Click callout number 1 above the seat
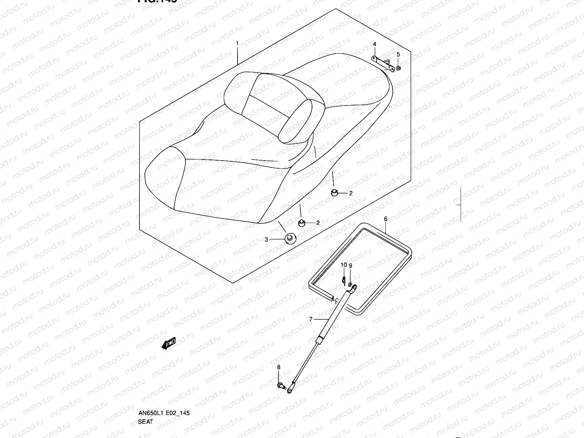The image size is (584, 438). pyautogui.click(x=237, y=43)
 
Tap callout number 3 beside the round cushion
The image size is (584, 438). pyautogui.click(x=266, y=239)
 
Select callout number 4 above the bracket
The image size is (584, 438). pyautogui.click(x=374, y=45)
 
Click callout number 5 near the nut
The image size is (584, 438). pyautogui.click(x=398, y=55)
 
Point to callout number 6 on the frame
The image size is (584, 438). pyautogui.click(x=385, y=219)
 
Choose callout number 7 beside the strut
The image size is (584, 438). pyautogui.click(x=311, y=319)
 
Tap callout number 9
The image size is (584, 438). pyautogui.click(x=350, y=266)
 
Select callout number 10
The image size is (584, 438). pyautogui.click(x=343, y=265)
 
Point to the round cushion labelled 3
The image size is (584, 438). pyautogui.click(x=290, y=238)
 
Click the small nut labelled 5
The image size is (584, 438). pyautogui.click(x=398, y=68)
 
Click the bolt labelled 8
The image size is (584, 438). pyautogui.click(x=281, y=385)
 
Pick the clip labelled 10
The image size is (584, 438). pyautogui.click(x=344, y=280)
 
